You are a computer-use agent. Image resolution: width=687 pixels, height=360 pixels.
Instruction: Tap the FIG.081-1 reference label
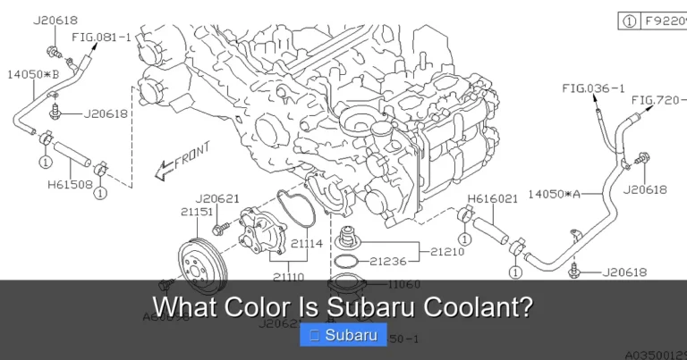(x=101, y=38)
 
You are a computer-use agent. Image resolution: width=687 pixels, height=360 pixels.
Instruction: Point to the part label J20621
(x=217, y=198)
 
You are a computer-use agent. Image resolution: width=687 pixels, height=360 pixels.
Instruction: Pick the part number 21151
(x=197, y=212)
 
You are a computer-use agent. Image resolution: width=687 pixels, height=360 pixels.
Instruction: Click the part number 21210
(x=447, y=252)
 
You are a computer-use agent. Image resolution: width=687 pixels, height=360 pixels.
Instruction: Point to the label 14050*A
(x=554, y=192)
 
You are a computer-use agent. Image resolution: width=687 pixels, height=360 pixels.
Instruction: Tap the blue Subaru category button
(x=343, y=336)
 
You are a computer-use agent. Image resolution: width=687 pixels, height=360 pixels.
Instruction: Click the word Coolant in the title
(x=483, y=308)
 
